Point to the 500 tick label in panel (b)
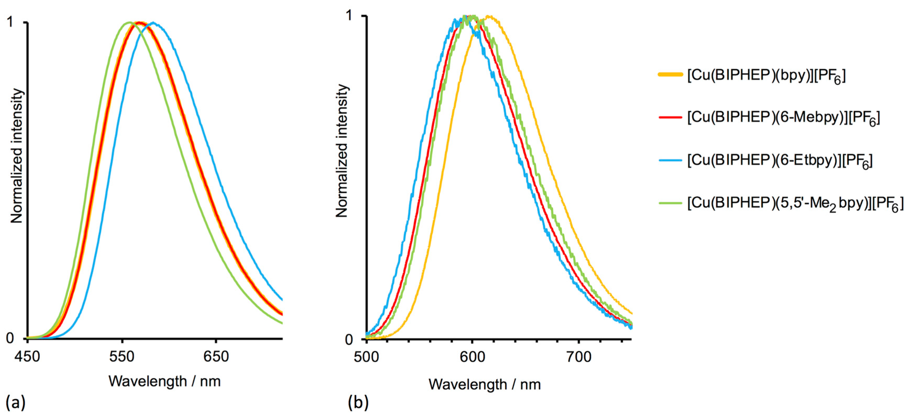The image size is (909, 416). point(366,357)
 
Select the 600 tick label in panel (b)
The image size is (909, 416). point(472,357)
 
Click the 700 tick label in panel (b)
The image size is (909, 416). point(579,357)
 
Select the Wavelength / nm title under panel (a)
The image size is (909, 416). point(165,381)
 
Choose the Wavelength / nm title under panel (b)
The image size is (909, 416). point(484,384)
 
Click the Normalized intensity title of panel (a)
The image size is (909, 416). point(17,156)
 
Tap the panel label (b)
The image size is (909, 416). point(358,402)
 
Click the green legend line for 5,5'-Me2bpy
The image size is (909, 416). point(670,203)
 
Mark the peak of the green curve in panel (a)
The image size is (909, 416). point(129,22)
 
